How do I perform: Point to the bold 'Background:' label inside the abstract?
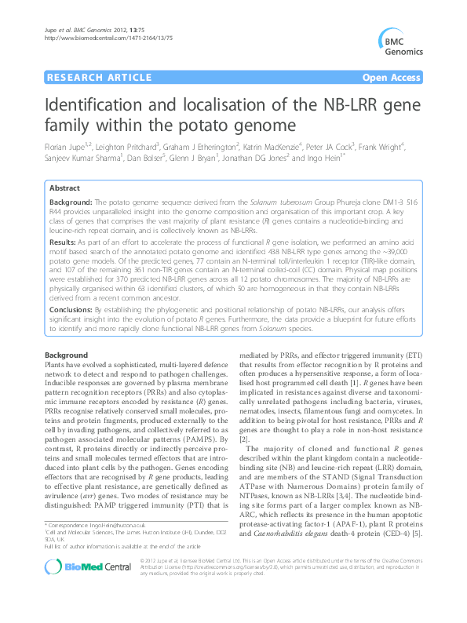pos(71,202)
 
